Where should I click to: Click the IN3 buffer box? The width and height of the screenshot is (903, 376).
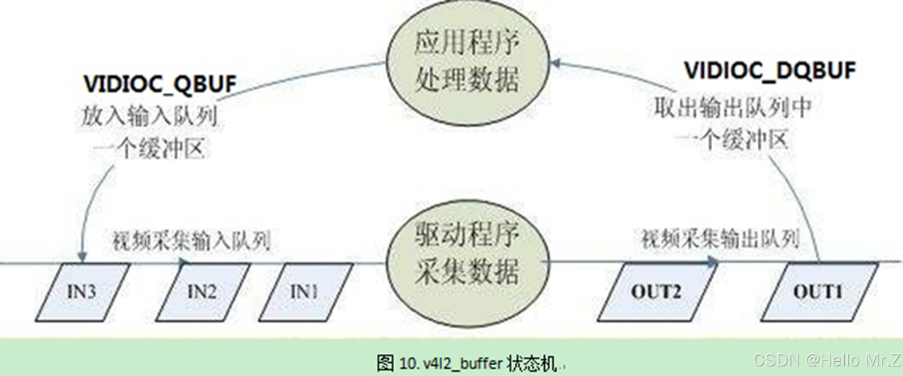click(x=83, y=291)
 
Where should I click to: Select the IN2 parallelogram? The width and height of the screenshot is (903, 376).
click(x=202, y=291)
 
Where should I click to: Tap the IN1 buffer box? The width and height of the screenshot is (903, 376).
click(x=304, y=291)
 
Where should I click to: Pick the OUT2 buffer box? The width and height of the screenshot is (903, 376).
click(x=655, y=292)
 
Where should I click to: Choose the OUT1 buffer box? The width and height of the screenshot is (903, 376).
click(x=818, y=292)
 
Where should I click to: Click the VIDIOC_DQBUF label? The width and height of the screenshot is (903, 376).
click(x=770, y=71)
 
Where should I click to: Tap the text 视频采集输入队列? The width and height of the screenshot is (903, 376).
click(x=191, y=241)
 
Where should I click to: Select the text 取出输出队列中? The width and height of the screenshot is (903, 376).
click(x=733, y=109)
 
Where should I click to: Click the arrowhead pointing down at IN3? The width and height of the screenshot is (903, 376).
click(x=82, y=257)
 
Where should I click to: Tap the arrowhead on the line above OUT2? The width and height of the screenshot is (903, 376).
click(x=713, y=261)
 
